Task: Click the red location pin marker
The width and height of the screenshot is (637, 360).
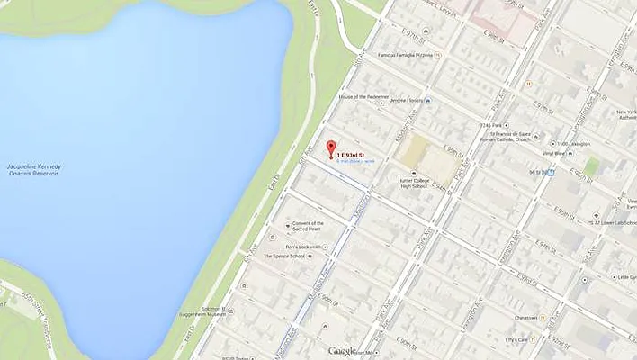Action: [x=330, y=149]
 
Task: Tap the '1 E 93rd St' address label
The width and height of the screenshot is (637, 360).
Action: [x=351, y=156]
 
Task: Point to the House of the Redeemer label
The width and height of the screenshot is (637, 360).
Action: [x=363, y=96]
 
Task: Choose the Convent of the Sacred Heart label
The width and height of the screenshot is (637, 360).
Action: [x=308, y=226]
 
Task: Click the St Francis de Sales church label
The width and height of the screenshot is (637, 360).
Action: [x=507, y=136]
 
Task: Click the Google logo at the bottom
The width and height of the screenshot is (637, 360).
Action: [x=343, y=351]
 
